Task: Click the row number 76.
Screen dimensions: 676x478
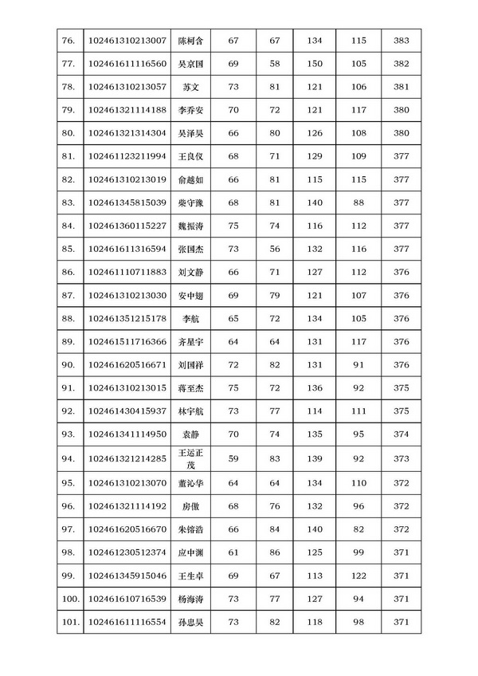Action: pos(68,40)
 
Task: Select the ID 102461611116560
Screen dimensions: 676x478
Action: pos(127,63)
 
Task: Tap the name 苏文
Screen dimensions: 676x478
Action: pos(191,86)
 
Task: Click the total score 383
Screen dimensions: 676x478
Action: pos(402,40)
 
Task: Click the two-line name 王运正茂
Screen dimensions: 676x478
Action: pos(191,458)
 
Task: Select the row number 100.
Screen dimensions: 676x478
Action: pos(69,598)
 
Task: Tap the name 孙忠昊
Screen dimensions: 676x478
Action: pos(191,621)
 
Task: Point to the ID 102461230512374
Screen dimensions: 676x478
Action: pos(127,552)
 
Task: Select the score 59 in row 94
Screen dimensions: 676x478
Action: pos(233,458)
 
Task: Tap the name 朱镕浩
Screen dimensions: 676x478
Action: pos(191,529)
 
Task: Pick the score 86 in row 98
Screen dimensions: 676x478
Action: pos(275,552)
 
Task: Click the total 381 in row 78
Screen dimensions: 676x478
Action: pos(402,86)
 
